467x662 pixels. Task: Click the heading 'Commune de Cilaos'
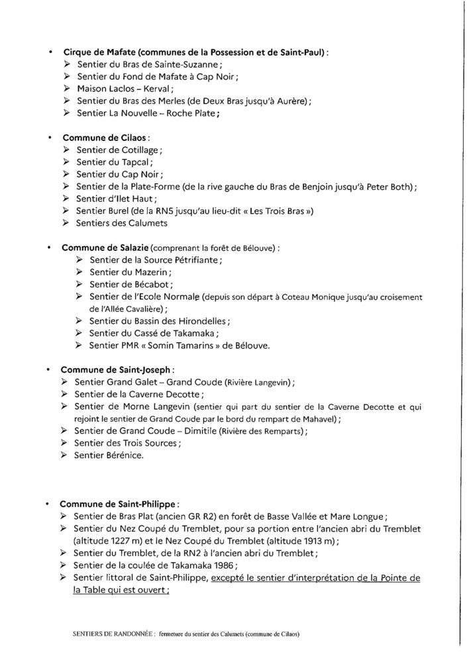[x=105, y=138]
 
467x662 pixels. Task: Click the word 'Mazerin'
[x=151, y=272]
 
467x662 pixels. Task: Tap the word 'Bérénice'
[x=121, y=455]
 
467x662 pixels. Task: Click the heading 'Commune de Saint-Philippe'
[x=115, y=504]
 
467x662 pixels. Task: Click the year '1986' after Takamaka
[x=217, y=565]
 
